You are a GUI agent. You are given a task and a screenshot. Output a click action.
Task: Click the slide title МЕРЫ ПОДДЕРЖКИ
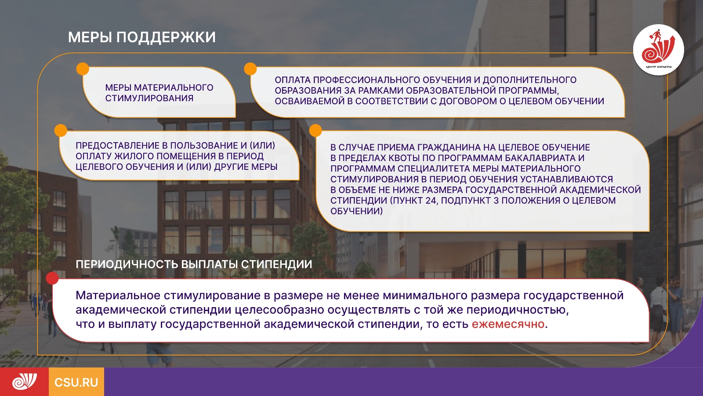(x=142, y=37)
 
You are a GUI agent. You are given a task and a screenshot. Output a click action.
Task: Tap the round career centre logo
(x=659, y=50)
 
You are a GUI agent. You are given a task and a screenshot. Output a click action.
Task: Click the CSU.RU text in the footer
(x=76, y=382)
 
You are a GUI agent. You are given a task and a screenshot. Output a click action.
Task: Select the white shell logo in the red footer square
(x=25, y=381)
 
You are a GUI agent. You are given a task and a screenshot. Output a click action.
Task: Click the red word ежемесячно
(x=508, y=324)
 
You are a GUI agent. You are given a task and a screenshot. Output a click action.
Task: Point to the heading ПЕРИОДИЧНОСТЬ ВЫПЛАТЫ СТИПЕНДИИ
(x=194, y=264)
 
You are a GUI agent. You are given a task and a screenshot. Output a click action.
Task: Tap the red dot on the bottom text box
(x=52, y=278)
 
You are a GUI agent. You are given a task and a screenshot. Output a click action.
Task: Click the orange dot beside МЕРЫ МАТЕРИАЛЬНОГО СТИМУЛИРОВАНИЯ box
(x=83, y=69)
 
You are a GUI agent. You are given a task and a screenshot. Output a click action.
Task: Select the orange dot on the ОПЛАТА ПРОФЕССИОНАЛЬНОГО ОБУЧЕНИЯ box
(x=250, y=69)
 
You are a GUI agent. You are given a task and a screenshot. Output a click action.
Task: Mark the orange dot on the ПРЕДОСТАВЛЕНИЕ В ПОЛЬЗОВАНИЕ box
(x=61, y=130)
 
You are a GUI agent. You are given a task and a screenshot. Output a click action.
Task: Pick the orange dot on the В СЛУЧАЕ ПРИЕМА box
(x=316, y=130)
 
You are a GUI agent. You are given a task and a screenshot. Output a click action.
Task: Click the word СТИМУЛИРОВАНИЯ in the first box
(x=149, y=98)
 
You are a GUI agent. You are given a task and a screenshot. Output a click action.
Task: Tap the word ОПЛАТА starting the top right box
(x=293, y=80)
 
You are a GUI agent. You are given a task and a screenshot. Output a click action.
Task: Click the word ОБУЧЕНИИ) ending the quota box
(x=356, y=211)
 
